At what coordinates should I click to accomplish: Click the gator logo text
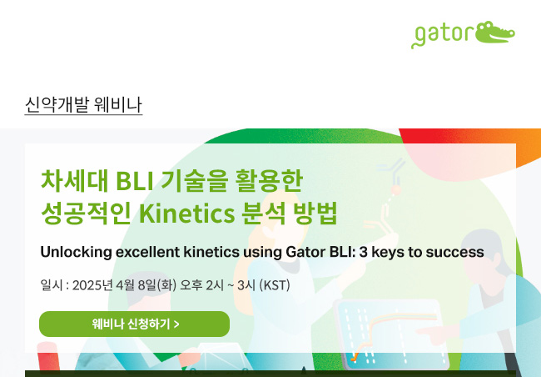click(443, 35)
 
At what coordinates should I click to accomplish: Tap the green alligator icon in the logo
click(494, 33)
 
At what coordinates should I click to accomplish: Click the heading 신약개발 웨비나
click(83, 104)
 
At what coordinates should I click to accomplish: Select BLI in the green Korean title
click(135, 181)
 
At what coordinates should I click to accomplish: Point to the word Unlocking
click(76, 252)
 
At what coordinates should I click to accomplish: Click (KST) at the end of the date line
click(275, 285)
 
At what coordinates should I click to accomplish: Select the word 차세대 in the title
click(75, 181)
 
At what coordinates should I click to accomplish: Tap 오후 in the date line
click(191, 285)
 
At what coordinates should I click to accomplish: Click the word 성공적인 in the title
click(86, 214)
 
